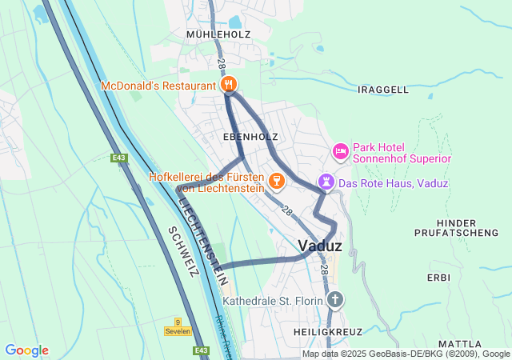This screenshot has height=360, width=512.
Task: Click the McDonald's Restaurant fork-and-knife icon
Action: (x=229, y=85)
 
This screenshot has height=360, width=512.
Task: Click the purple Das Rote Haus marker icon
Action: (x=326, y=183)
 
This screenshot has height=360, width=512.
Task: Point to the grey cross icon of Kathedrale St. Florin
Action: (x=335, y=301)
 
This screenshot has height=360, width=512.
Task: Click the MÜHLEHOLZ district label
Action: (x=218, y=35)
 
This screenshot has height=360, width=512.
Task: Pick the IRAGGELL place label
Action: (x=385, y=89)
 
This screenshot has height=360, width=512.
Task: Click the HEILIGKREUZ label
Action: (x=328, y=331)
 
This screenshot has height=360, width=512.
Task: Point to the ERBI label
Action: (x=438, y=278)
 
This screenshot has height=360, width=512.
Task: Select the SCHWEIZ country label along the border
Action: (x=183, y=251)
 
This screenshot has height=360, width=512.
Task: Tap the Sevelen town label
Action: (x=178, y=330)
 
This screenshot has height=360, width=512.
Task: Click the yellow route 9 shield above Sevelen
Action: (x=178, y=321)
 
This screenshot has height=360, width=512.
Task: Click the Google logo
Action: (x=26, y=350)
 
